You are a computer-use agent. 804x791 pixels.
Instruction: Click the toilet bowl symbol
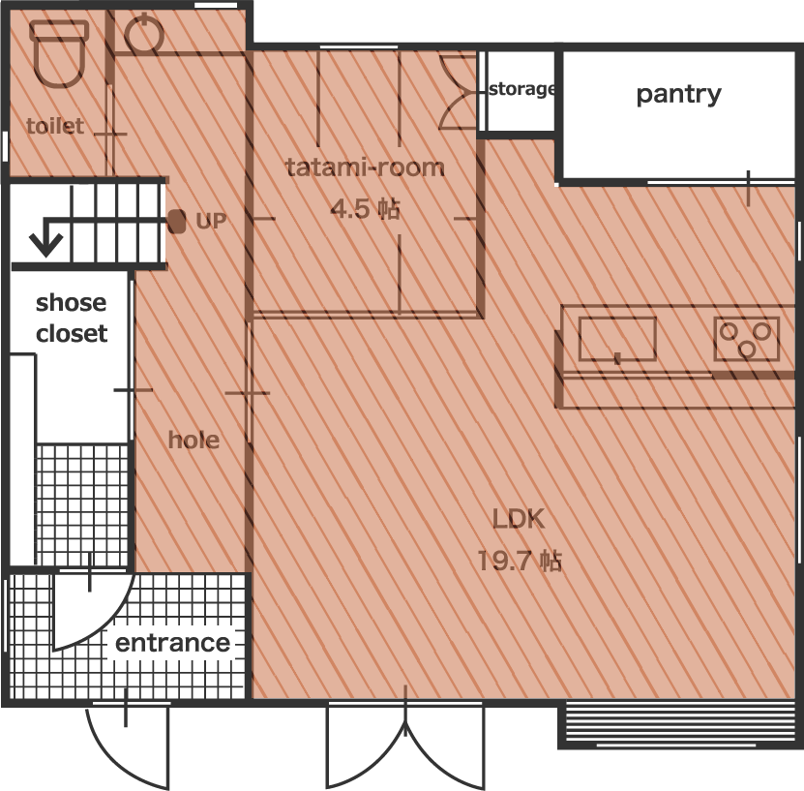pos(58,53)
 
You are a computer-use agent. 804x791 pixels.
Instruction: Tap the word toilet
pos(55,126)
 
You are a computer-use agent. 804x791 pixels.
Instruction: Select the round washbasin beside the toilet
pos(144,34)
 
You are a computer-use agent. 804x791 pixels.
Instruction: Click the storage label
pos(521,89)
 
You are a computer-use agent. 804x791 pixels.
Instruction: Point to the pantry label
pos(678,95)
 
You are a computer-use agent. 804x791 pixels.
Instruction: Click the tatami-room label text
pos(365,167)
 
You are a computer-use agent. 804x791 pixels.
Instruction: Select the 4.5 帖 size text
pos(365,209)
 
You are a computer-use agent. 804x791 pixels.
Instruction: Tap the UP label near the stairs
pos(211,221)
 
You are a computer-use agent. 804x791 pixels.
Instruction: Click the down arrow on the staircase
pos(45,239)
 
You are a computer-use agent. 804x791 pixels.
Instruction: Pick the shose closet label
pos(72,318)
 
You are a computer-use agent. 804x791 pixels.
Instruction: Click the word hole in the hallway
pos(194,441)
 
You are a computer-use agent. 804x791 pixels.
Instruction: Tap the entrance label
pos(173,643)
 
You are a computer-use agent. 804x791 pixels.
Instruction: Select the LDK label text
pos(519,519)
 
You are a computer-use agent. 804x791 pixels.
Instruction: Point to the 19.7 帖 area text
pos(520,561)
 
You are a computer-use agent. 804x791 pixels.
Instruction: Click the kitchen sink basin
pos(617,339)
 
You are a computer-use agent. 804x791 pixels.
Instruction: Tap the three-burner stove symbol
pos(747,339)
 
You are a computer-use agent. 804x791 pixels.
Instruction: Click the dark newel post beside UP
pos(177,222)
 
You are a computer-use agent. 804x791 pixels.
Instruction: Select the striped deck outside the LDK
pos(680,725)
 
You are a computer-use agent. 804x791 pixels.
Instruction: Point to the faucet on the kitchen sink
pos(617,358)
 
